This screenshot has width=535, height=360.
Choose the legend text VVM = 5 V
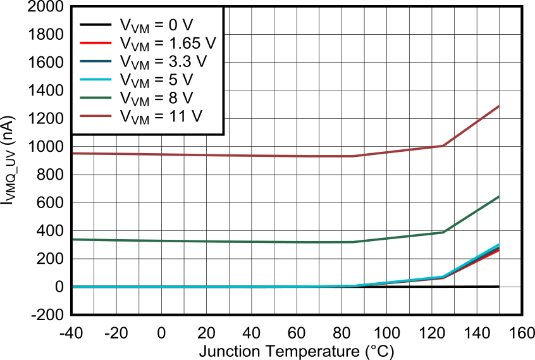[x=156, y=80]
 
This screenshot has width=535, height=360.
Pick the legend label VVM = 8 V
[x=156, y=99]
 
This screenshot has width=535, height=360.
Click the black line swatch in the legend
[x=95, y=25]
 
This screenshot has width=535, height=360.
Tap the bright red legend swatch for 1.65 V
[x=95, y=44]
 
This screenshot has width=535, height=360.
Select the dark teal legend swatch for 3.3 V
[x=95, y=61]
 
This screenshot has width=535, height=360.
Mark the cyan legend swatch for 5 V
[x=95, y=80]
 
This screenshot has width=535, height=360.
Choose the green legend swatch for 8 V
[x=95, y=98]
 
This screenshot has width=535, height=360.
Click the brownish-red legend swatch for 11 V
[x=95, y=116]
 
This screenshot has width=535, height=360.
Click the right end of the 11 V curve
[x=500, y=106]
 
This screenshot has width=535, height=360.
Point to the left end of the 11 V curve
[x=73, y=153]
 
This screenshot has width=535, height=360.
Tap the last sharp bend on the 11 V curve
[x=443, y=146]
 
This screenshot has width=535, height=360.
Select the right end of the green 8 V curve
[x=500, y=197]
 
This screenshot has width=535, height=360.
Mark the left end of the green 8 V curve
[x=73, y=239]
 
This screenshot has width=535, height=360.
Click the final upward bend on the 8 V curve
[x=443, y=232]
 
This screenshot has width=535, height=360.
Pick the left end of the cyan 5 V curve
[x=73, y=287]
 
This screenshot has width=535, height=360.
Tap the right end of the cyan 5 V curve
[x=500, y=244]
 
